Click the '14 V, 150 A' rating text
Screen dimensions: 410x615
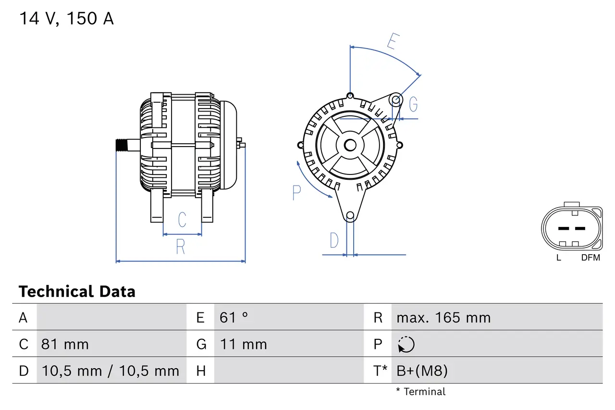click(66, 19)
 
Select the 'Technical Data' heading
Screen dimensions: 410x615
click(77, 291)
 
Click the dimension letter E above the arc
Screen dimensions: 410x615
click(393, 42)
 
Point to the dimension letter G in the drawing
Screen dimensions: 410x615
click(413, 104)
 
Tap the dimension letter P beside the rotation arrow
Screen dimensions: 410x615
click(296, 192)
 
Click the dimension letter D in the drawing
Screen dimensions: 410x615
click(334, 240)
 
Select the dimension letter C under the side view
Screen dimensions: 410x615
click(182, 220)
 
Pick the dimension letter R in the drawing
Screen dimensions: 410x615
click(180, 247)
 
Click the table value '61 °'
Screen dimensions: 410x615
click(234, 317)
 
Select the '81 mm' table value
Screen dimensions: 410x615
click(65, 344)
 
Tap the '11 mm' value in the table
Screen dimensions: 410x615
click(243, 344)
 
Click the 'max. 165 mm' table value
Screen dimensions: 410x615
click(443, 317)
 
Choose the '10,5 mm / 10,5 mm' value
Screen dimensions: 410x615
click(111, 371)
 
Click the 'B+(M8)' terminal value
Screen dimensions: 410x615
click(422, 371)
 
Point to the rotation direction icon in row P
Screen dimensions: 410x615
click(406, 345)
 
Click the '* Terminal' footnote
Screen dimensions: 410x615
click(420, 392)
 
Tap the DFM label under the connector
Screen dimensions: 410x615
click(590, 258)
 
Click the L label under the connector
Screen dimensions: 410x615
click(558, 258)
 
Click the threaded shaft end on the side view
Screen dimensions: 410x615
click(122, 145)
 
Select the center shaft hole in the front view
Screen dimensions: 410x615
click(350, 145)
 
